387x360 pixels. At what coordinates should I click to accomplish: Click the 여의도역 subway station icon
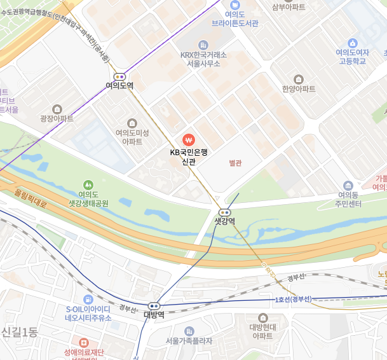[119, 76]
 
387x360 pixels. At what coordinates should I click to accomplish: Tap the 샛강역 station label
[224, 221]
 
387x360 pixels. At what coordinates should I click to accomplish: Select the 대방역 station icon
[154, 306]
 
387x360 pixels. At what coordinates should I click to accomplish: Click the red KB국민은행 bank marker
[188, 139]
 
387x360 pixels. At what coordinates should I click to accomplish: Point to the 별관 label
[236, 163]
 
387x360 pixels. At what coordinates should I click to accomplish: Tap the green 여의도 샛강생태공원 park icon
[88, 184]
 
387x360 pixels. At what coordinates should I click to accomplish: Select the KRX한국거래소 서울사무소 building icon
[203, 45]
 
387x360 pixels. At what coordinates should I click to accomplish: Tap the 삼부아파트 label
[289, 7]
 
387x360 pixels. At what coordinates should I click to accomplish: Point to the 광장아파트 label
[57, 118]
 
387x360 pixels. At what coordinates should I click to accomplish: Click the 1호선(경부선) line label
[293, 299]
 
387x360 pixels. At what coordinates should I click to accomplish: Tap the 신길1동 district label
[20, 332]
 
